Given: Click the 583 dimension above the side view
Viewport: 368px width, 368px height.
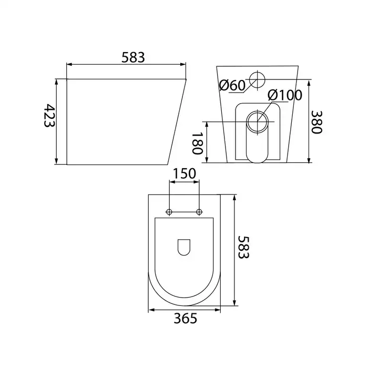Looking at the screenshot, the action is tap(133, 57).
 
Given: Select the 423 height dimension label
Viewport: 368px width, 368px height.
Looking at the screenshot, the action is tap(49, 116).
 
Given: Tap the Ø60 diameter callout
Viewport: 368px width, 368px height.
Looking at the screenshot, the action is tap(232, 85).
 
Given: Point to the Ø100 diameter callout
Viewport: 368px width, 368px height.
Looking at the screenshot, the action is tap(285, 95).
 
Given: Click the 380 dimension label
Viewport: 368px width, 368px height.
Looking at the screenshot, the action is tap(316, 122).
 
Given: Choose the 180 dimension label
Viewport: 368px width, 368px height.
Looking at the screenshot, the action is tap(197, 143).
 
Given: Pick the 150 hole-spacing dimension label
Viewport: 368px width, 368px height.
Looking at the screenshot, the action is tap(184, 173).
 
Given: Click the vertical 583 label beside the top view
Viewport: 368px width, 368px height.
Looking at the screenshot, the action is tap(243, 247).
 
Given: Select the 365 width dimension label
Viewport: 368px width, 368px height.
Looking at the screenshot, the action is tap(186, 319).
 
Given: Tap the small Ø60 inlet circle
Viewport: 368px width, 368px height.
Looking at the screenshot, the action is tap(257, 79).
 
